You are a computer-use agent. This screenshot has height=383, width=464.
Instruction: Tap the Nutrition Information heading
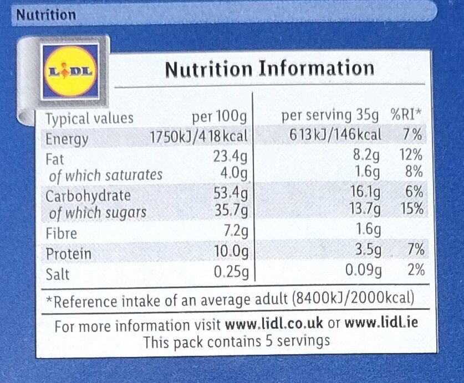269,69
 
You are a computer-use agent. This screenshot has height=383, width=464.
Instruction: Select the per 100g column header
218,117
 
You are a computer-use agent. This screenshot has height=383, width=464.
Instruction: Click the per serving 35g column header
330,116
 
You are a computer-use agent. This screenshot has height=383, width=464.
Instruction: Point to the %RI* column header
406,116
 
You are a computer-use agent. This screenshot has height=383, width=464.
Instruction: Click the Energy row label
67,138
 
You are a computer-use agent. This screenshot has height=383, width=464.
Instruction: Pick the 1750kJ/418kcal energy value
199,136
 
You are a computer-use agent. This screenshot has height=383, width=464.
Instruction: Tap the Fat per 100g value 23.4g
230,157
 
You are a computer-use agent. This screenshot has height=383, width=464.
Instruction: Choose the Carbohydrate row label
88,195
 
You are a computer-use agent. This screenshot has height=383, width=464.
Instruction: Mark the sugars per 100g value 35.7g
230,211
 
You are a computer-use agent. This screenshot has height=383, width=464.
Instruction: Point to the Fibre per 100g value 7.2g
234,232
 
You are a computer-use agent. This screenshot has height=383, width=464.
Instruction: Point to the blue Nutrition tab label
46,15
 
